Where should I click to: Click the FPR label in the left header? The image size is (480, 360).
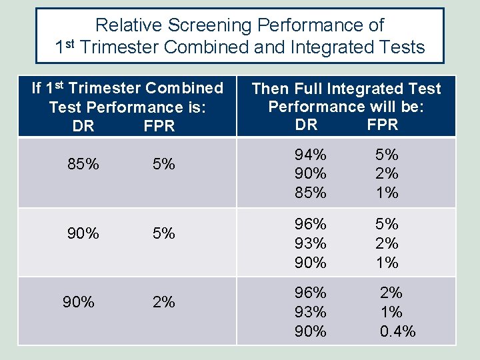159,126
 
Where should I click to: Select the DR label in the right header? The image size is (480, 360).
307,125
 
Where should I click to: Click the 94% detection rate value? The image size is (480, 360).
311,155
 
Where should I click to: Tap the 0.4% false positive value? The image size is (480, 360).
397,331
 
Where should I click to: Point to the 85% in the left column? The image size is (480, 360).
83,163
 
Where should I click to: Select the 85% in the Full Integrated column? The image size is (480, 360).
311,193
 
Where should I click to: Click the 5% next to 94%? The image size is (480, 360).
387,155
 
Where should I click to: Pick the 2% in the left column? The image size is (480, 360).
164,302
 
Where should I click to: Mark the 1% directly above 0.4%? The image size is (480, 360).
391,312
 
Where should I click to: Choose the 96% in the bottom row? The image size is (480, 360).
311,293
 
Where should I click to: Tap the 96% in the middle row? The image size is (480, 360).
311,224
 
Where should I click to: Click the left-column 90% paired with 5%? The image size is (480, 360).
83,233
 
